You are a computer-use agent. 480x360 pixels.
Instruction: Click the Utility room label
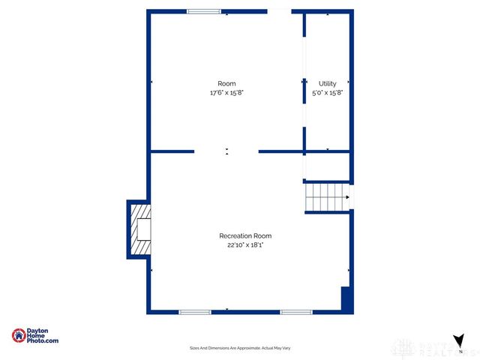pyautogui.click(x=327, y=83)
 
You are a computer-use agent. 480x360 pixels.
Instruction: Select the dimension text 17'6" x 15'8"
pyautogui.click(x=226, y=92)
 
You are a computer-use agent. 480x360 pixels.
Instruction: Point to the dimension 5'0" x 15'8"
pyautogui.click(x=327, y=92)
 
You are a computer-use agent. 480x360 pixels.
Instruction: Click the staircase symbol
pyautogui.click(x=328, y=197)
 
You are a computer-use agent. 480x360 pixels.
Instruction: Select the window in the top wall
pyautogui.click(x=204, y=11)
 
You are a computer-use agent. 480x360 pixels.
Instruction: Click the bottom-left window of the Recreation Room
pyautogui.click(x=194, y=311)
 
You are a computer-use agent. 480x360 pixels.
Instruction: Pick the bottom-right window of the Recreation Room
pyautogui.click(x=296, y=311)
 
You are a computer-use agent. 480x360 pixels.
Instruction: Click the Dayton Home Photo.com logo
pyautogui.click(x=35, y=336)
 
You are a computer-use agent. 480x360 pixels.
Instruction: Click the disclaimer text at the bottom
pyautogui.click(x=240, y=348)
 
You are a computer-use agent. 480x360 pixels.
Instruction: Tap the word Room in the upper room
pyautogui.click(x=226, y=83)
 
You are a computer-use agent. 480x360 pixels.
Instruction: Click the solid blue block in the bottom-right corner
pyautogui.click(x=346, y=298)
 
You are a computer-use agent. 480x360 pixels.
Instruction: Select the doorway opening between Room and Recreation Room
pyautogui.click(x=227, y=151)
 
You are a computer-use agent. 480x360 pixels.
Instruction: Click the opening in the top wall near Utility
pyautogui.click(x=279, y=11)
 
